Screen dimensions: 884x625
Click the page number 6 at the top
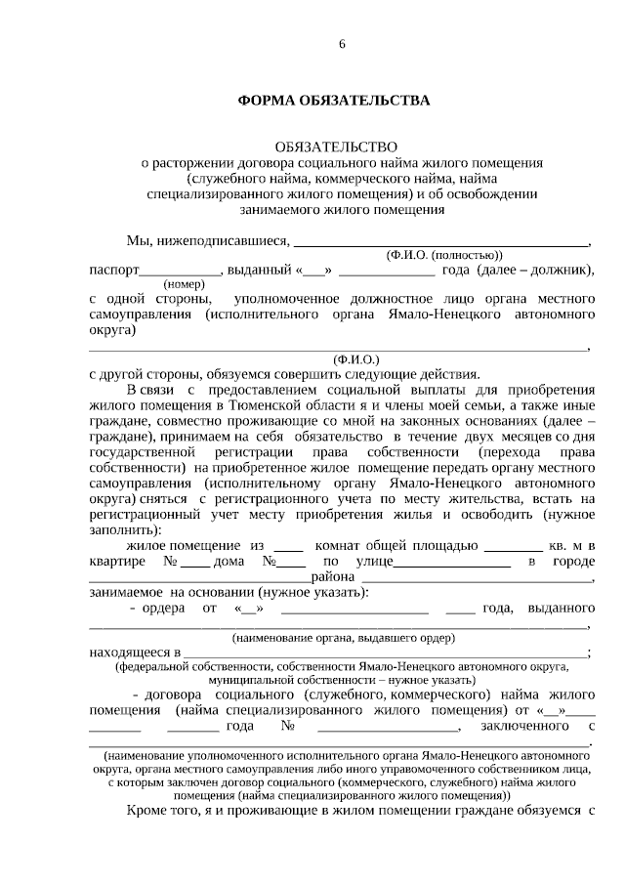click(342, 44)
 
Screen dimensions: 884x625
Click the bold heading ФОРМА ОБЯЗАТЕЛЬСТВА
click(334, 101)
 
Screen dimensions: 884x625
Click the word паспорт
click(113, 271)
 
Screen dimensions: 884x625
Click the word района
click(331, 578)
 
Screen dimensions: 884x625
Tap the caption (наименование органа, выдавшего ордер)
click(344, 637)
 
